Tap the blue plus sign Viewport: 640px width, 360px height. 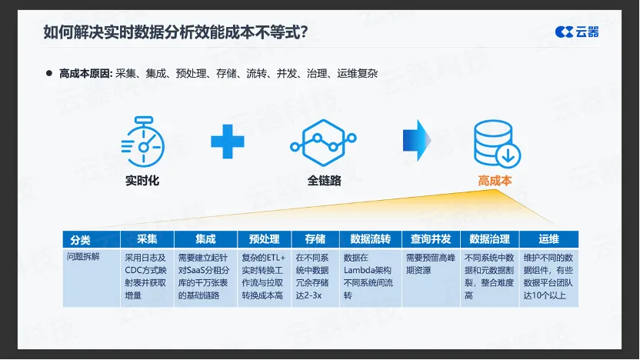point(228,142)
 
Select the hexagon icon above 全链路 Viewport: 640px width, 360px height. point(323,142)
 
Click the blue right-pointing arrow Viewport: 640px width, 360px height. point(417,141)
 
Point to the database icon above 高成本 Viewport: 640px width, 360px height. point(497,144)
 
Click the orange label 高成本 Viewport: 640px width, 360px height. point(495,181)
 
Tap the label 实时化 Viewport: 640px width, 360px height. point(142,181)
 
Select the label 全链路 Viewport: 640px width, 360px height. point(324,181)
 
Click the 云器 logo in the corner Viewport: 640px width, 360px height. point(577,32)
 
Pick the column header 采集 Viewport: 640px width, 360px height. point(147,239)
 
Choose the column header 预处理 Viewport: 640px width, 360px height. point(264,239)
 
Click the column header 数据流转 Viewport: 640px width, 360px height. point(370,239)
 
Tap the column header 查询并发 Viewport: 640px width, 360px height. point(431,239)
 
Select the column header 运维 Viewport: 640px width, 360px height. point(548,239)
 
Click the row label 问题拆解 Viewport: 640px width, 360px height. point(83,257)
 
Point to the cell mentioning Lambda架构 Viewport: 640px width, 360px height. point(368,276)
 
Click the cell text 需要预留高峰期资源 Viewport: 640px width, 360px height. point(431,264)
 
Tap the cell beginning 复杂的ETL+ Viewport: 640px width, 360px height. point(263,276)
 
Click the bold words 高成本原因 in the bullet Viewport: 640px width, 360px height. point(85,74)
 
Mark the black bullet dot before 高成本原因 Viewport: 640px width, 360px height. point(49,74)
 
